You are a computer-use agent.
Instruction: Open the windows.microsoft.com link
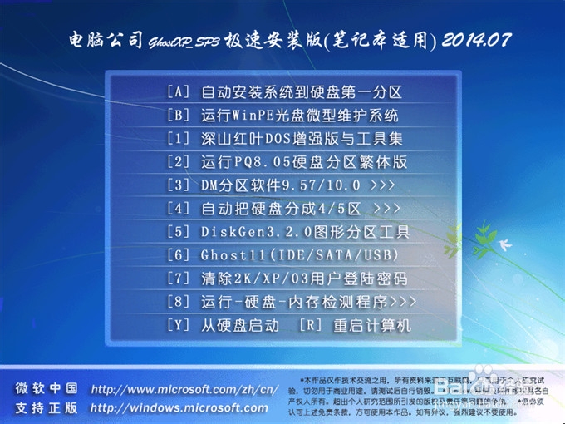(179, 408)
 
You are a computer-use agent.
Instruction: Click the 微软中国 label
(47, 389)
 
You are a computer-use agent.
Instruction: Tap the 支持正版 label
(47, 408)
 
